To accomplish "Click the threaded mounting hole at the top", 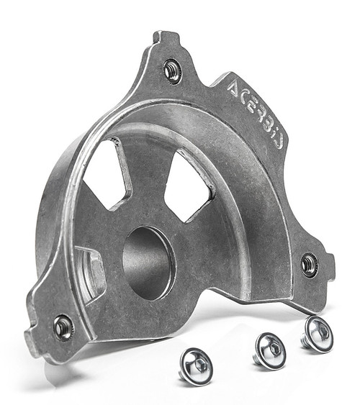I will [x=173, y=70].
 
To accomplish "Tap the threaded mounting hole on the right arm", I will [x=310, y=264].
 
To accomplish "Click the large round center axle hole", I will [x=148, y=263].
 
